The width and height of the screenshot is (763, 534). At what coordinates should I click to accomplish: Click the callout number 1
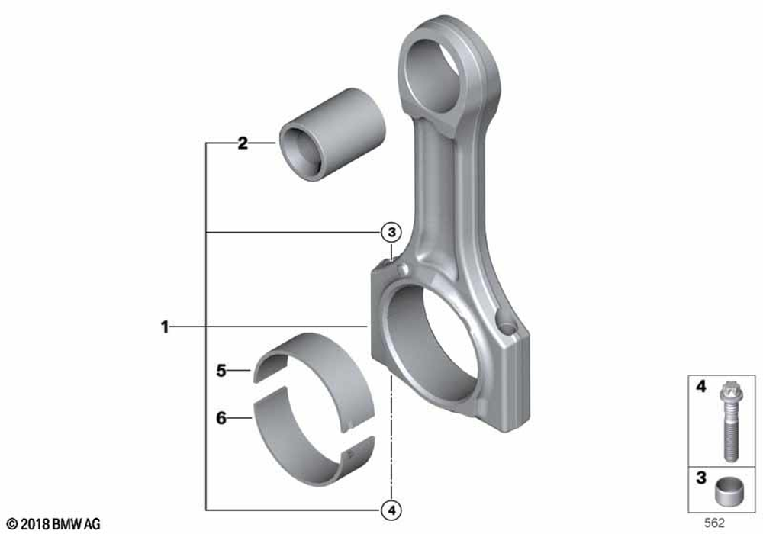pos(165,327)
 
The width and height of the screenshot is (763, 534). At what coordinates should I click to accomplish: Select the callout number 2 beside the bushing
pos(243,143)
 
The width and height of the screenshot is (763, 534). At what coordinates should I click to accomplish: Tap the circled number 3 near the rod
pos(391,233)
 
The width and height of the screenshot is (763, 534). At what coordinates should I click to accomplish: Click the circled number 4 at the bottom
pos(391,510)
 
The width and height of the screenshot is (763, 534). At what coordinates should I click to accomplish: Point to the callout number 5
pos(221,371)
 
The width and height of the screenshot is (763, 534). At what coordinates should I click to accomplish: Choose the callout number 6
pos(221,418)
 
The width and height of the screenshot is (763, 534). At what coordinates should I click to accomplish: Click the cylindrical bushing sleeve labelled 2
pos(333,135)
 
